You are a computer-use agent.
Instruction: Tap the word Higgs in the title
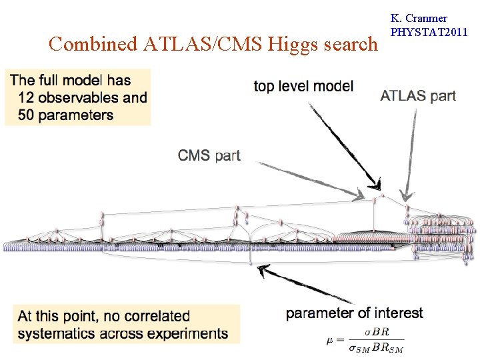[293, 44]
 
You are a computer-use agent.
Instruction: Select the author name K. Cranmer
[419, 19]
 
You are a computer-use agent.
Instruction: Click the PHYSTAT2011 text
[429, 32]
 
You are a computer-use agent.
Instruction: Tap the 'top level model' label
[303, 86]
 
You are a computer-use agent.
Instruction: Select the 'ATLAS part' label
[418, 95]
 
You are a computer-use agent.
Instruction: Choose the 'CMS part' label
[209, 155]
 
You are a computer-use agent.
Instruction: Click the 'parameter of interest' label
[354, 313]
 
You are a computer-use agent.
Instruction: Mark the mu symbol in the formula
[330, 341]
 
